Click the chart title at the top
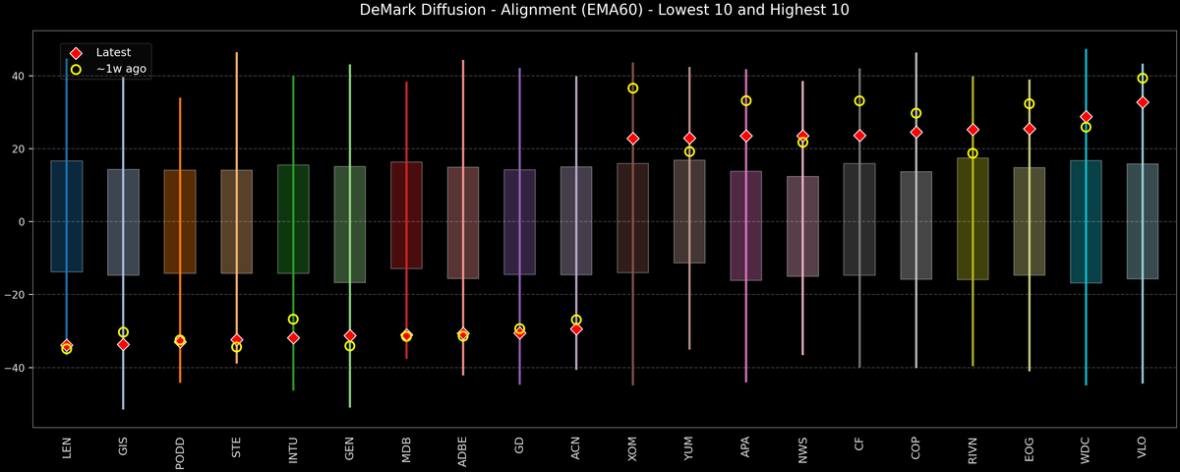[590, 11]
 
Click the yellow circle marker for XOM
[633, 88]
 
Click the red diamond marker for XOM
[633, 139]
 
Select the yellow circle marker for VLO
[1143, 78]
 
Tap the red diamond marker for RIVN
[973, 130]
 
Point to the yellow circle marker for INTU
[293, 320]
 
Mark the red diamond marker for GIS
[123, 344]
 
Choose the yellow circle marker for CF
[859, 101]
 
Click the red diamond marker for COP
[916, 132]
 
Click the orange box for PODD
[180, 221]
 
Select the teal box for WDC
[1086, 221]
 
